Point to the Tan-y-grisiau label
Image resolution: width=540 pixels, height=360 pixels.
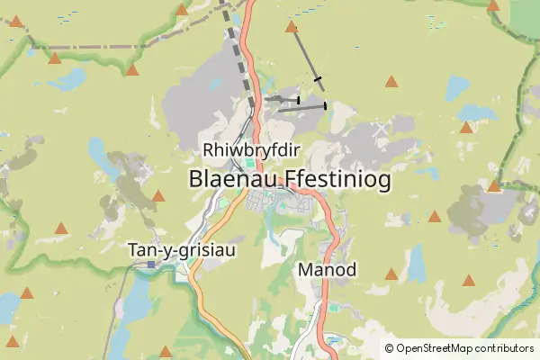(182, 249)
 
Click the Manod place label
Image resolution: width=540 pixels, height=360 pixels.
(327, 269)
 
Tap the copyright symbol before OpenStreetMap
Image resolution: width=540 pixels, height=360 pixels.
(389, 348)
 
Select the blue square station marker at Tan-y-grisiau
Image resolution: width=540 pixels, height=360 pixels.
(151, 265)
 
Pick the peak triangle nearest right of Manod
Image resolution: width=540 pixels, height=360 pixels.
(391, 274)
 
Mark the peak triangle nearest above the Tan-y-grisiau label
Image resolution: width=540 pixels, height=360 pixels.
(158, 196)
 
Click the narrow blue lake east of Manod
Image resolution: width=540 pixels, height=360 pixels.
(417, 264)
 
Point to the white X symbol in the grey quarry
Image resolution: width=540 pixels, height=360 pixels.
(381, 130)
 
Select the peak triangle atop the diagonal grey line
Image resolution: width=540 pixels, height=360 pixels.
(291, 28)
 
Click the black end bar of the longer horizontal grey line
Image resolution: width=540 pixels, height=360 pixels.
(325, 106)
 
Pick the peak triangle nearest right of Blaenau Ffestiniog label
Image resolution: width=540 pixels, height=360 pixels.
(435, 217)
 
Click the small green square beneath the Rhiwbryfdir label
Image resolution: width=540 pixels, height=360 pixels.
(248, 163)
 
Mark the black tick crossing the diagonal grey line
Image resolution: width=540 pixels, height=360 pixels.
(317, 81)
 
